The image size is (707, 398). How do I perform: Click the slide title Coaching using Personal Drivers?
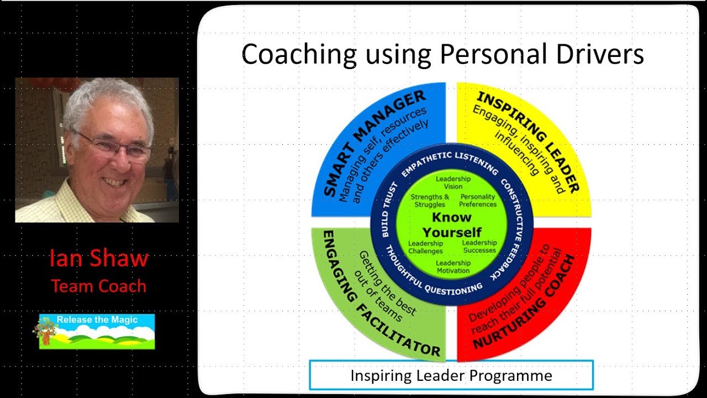442,55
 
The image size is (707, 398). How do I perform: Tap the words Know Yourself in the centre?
451,224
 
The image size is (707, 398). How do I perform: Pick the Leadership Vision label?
453,182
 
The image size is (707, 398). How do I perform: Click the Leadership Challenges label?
425,247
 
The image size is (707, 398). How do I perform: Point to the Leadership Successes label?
479,247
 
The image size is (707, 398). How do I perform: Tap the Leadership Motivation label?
453,266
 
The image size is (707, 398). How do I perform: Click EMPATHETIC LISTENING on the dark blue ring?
450,163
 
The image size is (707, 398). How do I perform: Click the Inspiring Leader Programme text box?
451,376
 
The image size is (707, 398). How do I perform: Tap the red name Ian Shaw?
99,258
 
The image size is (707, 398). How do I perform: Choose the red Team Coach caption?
99,286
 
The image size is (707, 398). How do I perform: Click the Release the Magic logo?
97,331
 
